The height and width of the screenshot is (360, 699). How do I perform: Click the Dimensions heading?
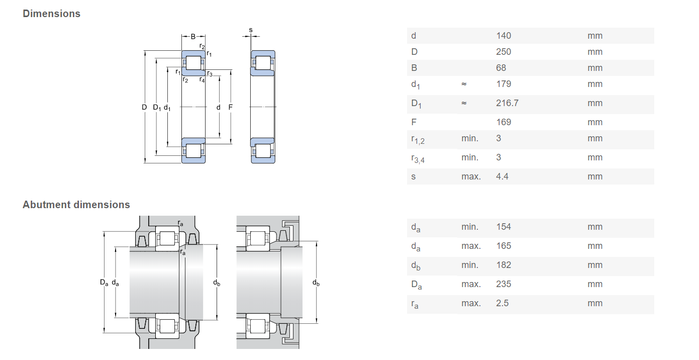coord(51,14)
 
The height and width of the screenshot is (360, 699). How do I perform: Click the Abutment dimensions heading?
coord(76,205)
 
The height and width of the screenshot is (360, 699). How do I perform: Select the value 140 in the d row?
coord(503,36)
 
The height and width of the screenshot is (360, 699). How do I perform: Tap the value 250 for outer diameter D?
coord(503,52)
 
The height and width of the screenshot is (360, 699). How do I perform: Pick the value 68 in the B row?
coord(501,68)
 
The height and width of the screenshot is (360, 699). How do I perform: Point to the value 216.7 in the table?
coord(507,103)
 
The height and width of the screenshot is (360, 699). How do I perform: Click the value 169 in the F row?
coord(503,122)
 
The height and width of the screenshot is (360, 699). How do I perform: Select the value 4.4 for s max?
coord(502,176)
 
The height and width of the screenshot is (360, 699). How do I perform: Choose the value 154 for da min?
coord(503,227)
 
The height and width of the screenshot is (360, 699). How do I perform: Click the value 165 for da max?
coord(503,246)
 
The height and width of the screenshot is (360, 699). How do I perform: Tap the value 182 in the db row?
coord(503,265)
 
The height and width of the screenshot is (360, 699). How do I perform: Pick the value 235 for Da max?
coord(503,284)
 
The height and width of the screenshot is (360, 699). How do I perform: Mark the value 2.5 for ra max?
coord(502,303)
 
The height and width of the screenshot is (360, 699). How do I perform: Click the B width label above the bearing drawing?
coord(193,37)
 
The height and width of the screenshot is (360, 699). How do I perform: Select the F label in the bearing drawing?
coord(230,107)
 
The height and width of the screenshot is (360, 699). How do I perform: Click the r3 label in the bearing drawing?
coord(210,74)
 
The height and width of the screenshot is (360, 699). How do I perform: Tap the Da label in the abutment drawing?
coord(104,283)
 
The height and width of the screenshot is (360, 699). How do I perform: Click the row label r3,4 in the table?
coord(418,158)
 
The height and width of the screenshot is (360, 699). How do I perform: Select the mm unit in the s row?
coord(594,176)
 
